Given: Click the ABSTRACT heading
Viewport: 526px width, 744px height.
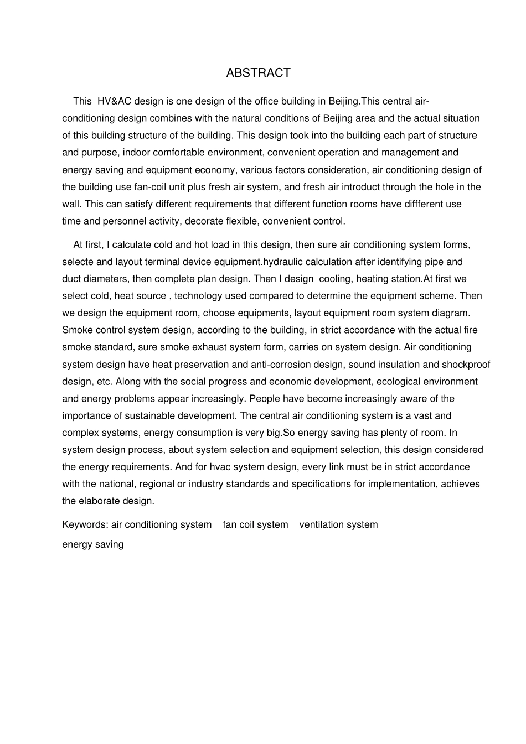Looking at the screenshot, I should point(258,73).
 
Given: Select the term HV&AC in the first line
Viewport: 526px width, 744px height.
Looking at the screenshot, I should point(114,101).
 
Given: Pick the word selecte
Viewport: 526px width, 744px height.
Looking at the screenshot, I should point(78,262).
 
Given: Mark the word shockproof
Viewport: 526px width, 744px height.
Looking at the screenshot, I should point(466,365).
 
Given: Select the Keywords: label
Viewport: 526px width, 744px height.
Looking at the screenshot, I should point(85,525).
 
